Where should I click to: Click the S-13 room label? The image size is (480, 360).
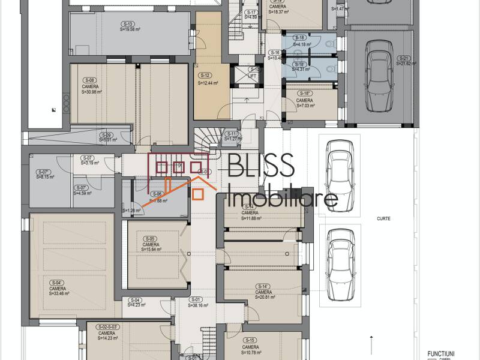(130, 24)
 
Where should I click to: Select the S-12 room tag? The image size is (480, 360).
(205, 75)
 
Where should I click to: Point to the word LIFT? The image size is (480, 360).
(253, 76)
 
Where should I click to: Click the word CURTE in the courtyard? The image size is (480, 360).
(384, 219)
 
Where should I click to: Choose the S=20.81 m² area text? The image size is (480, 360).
(262, 297)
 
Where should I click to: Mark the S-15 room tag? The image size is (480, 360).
(250, 340)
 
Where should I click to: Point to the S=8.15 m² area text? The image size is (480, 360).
(45, 177)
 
